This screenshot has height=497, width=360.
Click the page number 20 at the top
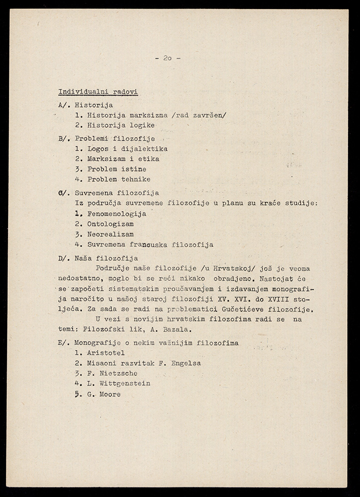(167, 58)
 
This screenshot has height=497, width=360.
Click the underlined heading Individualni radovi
(98, 92)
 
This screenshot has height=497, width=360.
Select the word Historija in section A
(93, 105)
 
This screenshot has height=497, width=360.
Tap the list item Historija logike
(115, 125)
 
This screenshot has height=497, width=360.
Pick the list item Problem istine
(110, 169)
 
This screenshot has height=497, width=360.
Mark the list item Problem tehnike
(112, 179)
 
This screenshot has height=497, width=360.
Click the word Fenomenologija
(117, 214)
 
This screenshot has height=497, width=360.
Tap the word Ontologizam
(110, 224)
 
